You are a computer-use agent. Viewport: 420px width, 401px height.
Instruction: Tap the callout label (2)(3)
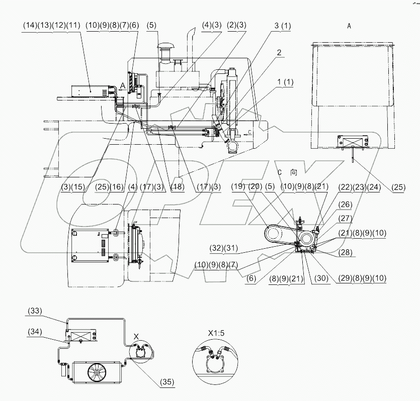[x=236, y=25]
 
